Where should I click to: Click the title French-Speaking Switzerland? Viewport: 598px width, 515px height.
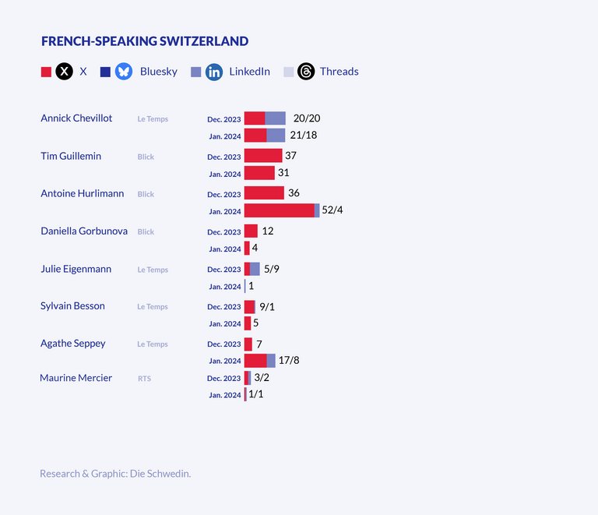point(145,41)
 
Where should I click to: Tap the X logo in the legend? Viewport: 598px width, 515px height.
point(65,72)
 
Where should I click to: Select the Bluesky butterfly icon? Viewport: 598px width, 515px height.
point(124,72)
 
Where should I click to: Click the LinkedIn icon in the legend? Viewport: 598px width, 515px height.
point(214,72)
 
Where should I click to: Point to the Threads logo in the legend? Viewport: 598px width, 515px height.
point(306,72)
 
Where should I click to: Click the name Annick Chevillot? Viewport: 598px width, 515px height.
point(76,118)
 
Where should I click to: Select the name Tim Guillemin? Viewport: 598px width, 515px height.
point(71,156)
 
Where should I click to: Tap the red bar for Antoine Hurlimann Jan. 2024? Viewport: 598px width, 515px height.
point(279,210)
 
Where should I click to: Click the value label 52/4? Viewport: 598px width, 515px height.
point(332,210)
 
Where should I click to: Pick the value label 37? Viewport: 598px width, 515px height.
point(291,156)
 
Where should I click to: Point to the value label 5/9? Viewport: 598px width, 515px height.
point(272,269)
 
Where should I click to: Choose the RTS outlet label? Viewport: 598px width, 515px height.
point(144,379)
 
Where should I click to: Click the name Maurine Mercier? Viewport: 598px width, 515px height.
point(76,378)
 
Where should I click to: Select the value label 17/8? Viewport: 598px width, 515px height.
point(289,361)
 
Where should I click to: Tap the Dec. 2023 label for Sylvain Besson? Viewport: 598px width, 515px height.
point(224,307)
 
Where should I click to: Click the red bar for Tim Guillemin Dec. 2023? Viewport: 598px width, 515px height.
point(263,156)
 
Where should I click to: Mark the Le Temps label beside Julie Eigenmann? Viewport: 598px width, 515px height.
point(153,270)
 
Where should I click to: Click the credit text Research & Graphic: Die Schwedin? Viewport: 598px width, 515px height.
point(115,473)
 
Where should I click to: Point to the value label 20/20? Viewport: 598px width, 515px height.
point(307,118)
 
